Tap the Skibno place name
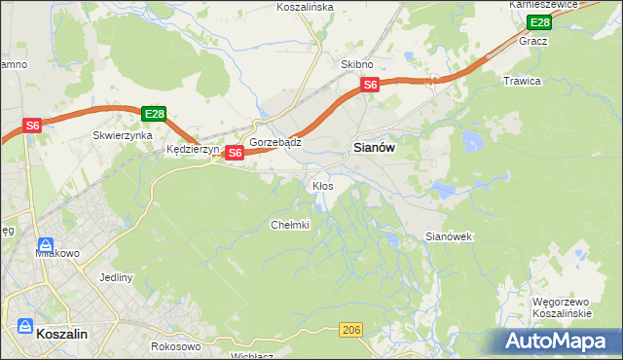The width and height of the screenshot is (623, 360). pyautogui.click(x=357, y=64)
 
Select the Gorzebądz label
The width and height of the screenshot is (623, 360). pyautogui.click(x=275, y=142)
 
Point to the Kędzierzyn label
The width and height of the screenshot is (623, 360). pyautogui.click(x=194, y=150)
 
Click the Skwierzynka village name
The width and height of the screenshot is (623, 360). pyautogui.click(x=122, y=136)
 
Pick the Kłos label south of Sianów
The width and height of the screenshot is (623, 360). pyautogui.click(x=322, y=185)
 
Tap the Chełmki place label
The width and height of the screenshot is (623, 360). pyautogui.click(x=289, y=225)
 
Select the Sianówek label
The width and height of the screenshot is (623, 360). pyautogui.click(x=449, y=236)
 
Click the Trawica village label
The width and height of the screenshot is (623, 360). pyautogui.click(x=522, y=81)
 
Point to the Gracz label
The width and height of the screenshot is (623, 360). pyautogui.click(x=533, y=42)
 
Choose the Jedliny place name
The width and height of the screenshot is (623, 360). pyautogui.click(x=116, y=277)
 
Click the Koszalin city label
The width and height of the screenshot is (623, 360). pyautogui.click(x=62, y=333)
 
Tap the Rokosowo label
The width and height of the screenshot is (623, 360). pyautogui.click(x=176, y=346)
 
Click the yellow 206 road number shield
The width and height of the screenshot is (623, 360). pyautogui.click(x=352, y=332)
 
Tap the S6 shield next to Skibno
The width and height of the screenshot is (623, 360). pyautogui.click(x=370, y=86)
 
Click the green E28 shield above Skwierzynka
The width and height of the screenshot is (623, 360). pyautogui.click(x=152, y=114)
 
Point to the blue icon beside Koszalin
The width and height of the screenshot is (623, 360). pyautogui.click(x=25, y=327)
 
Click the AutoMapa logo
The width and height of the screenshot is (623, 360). pyautogui.click(x=559, y=342)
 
